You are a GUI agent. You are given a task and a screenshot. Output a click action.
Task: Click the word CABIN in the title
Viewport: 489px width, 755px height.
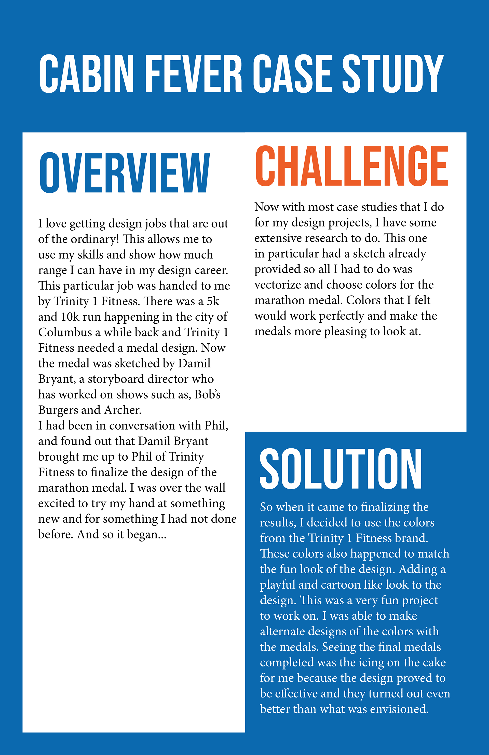tap(87, 74)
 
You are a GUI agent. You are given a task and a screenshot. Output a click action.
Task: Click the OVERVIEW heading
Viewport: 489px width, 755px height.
tap(125, 173)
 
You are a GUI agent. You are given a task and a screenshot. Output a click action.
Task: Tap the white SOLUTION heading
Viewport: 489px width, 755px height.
tap(341, 469)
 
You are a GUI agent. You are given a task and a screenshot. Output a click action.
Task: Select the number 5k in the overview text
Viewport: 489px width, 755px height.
tap(213, 301)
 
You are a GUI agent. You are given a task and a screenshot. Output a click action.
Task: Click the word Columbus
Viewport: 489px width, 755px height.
tap(65, 332)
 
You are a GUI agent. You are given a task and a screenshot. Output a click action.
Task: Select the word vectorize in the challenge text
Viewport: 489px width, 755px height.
tap(278, 285)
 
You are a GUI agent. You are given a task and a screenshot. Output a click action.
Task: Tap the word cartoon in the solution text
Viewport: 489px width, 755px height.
tap(341, 585)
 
